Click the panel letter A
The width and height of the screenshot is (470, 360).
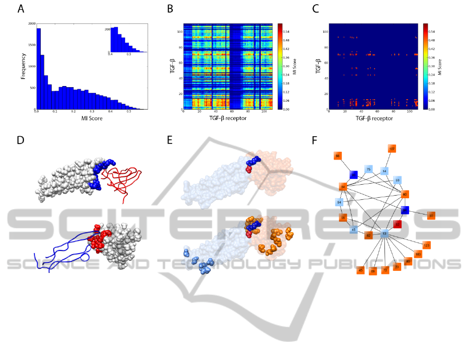[x=21, y=9]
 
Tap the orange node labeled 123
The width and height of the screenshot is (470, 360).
[x=426, y=245]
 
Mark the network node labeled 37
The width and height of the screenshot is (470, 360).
[x=431, y=215]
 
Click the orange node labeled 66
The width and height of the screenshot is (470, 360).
[x=338, y=156]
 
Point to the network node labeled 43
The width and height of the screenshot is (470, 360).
[x=360, y=270]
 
